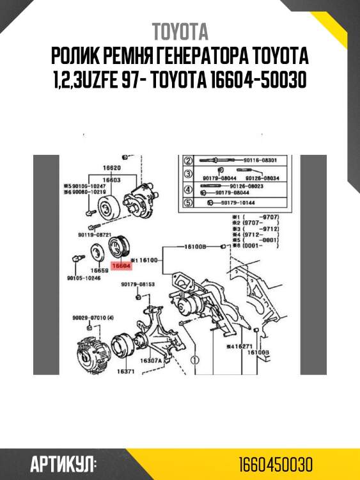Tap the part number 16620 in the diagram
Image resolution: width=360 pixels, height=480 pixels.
pyautogui.click(x=113, y=168)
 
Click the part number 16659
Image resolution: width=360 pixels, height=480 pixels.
pyautogui.click(x=98, y=271)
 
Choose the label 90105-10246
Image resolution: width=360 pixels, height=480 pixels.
pyautogui.click(x=84, y=279)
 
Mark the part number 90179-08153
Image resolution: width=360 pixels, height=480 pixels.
pyautogui.click(x=137, y=284)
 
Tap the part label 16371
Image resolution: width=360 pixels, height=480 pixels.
pyautogui.click(x=124, y=371)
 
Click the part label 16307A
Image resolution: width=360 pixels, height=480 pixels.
pyautogui.click(x=154, y=361)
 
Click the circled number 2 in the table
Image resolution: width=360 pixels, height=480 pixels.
pyautogui.click(x=188, y=160)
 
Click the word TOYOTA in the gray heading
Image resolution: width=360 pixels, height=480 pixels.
pyautogui.click(x=180, y=32)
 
